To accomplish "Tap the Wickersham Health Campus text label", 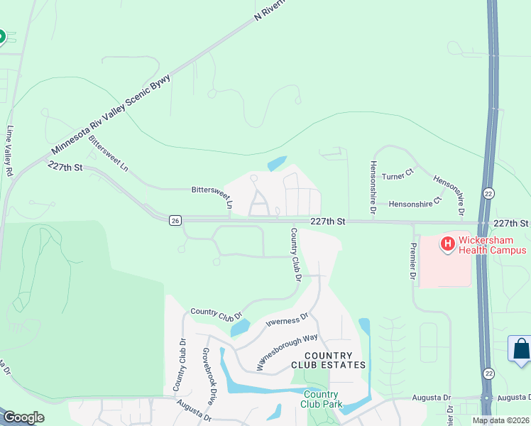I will coord(492,245).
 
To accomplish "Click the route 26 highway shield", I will coord(175,221).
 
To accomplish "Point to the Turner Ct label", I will coord(398,175).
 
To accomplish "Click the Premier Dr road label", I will coord(412,261).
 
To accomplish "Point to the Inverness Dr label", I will coord(287,321).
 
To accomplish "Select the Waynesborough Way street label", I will coord(286,353).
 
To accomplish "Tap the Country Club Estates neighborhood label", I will coord(328,360).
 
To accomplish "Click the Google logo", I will coord(23,417).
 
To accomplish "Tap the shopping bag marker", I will coord(520,349).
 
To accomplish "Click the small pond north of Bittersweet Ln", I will coord(278,163).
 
